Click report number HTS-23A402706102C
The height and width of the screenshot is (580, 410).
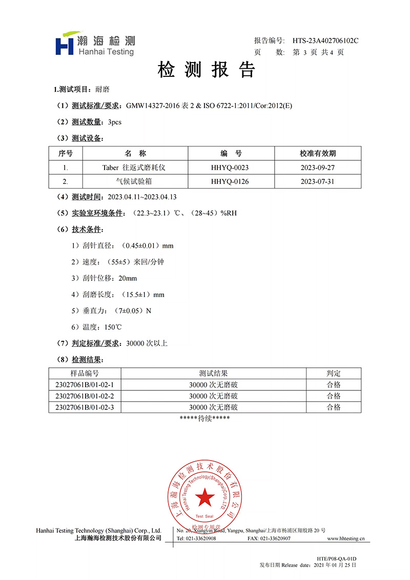(325, 40)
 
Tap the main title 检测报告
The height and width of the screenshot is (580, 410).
(206, 70)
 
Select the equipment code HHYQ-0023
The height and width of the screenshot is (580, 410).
(230, 168)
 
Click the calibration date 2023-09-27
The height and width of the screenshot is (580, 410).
(318, 168)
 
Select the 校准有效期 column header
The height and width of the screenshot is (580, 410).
(318, 153)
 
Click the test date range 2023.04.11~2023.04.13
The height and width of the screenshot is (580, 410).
(143, 197)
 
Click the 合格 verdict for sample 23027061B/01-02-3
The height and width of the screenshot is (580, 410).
(333, 407)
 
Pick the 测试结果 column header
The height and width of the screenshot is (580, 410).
(213, 374)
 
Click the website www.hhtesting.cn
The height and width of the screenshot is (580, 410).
(345, 538)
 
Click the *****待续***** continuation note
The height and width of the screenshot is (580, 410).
(205, 419)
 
